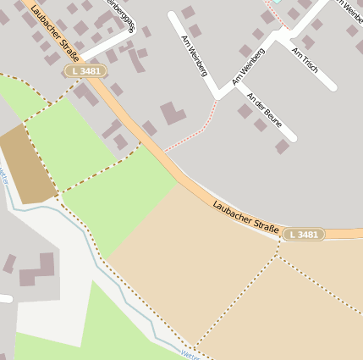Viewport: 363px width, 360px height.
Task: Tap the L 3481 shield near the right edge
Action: (x=303, y=235)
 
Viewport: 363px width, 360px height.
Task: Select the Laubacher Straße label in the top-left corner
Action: (x=55, y=33)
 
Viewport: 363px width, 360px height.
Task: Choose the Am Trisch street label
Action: (x=305, y=59)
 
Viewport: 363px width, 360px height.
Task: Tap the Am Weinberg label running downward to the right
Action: (x=195, y=56)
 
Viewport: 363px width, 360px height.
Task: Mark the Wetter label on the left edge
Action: (x=4, y=174)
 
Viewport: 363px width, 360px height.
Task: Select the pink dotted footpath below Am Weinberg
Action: (x=190, y=136)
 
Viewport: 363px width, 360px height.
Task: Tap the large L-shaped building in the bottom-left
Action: (x=38, y=270)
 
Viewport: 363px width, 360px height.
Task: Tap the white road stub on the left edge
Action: (x=4, y=298)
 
